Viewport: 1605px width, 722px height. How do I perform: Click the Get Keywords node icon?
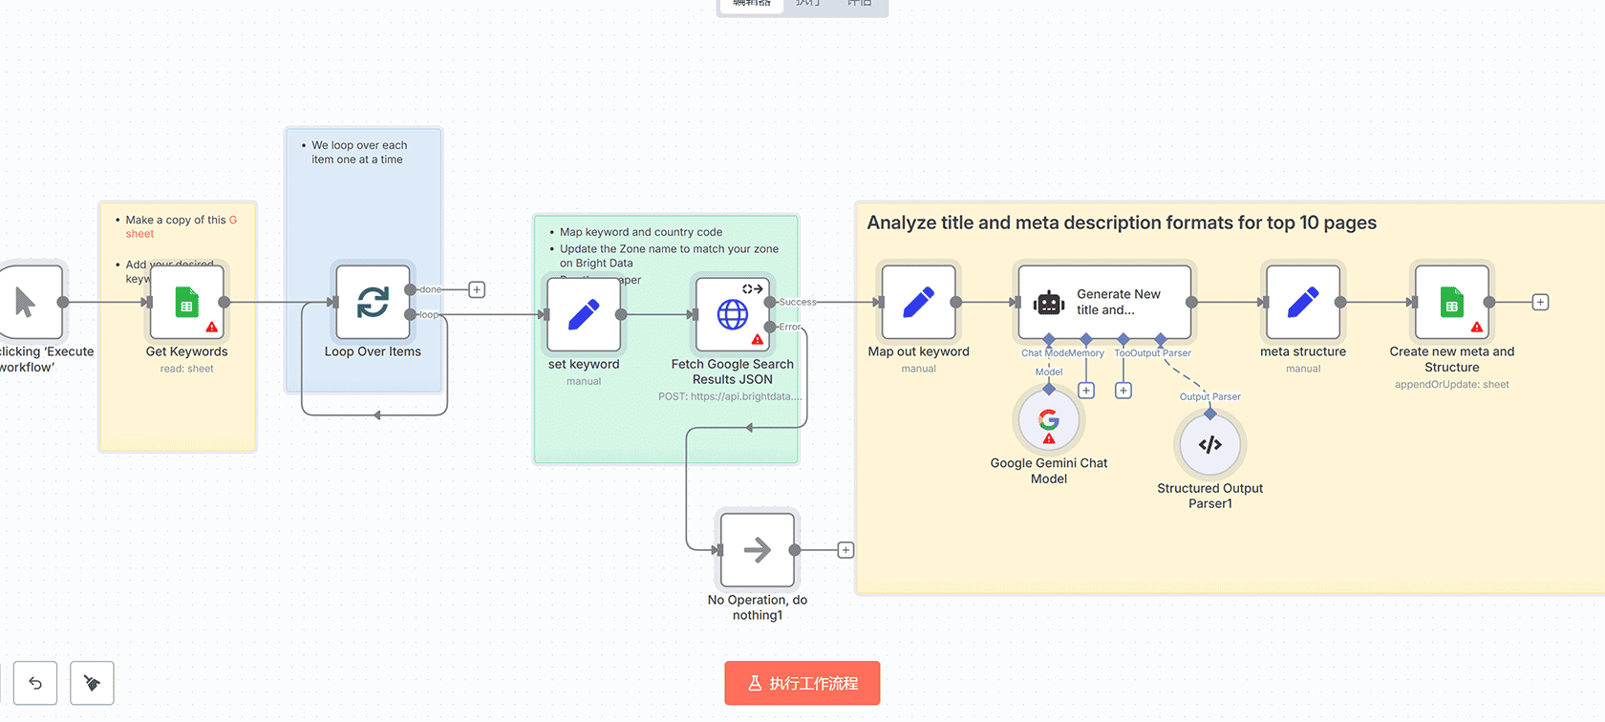(x=186, y=303)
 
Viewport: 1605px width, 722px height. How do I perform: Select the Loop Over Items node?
(x=373, y=303)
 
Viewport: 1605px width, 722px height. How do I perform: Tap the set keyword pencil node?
(x=584, y=314)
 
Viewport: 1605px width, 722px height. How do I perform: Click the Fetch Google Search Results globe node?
(x=733, y=314)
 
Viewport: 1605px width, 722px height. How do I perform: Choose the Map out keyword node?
(x=918, y=303)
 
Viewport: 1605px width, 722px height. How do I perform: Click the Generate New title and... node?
(x=1104, y=303)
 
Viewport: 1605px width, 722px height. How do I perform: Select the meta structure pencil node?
(x=1302, y=303)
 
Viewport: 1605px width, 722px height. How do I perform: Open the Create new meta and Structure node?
(x=1451, y=303)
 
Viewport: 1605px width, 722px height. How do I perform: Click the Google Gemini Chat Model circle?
(x=1049, y=420)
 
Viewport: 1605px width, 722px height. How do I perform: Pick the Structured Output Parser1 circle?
(x=1209, y=445)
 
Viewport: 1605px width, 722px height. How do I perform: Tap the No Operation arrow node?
(x=757, y=550)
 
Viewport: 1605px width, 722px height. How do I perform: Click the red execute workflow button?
(x=802, y=683)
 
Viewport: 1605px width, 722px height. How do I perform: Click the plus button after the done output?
(x=477, y=289)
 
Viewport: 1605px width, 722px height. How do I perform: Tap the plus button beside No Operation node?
(x=845, y=550)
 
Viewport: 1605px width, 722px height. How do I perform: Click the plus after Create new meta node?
(x=1540, y=303)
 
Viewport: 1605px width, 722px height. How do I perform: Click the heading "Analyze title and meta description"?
(x=1121, y=223)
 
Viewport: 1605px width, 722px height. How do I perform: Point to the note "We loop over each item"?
(x=358, y=153)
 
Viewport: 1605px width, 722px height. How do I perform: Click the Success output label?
(x=798, y=302)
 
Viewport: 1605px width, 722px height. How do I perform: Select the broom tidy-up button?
(x=92, y=683)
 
